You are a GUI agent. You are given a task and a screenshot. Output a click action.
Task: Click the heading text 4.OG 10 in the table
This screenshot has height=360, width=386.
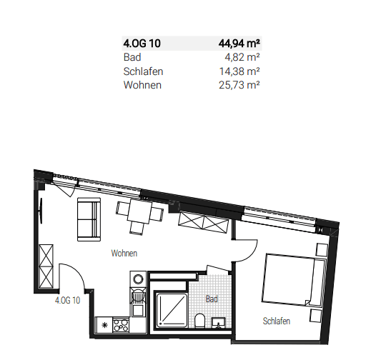coord(142,44)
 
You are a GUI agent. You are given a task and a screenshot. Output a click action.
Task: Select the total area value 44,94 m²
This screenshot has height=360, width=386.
coord(238,44)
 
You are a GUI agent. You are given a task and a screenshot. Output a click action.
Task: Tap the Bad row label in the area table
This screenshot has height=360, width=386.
coord(132,57)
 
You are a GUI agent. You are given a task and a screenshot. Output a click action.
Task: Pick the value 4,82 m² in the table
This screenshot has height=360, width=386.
coord(242,57)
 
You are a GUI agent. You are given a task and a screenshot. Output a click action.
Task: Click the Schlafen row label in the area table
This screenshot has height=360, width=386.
coord(142,71)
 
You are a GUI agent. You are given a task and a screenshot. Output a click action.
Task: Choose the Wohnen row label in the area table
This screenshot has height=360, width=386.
coord(142,85)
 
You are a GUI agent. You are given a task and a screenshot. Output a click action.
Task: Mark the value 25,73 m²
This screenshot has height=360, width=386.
coord(239,85)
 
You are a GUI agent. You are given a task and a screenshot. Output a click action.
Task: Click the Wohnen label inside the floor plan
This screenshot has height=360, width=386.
coord(124,254)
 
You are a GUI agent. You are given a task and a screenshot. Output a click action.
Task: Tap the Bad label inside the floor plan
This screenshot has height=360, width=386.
coord(212,299)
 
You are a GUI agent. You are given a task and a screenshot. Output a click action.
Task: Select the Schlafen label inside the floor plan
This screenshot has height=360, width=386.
coord(276,321)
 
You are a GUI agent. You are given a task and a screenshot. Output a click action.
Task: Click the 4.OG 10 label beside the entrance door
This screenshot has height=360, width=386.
coord(67,301)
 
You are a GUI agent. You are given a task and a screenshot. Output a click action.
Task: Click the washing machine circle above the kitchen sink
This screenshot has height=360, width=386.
coord(139,279)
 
